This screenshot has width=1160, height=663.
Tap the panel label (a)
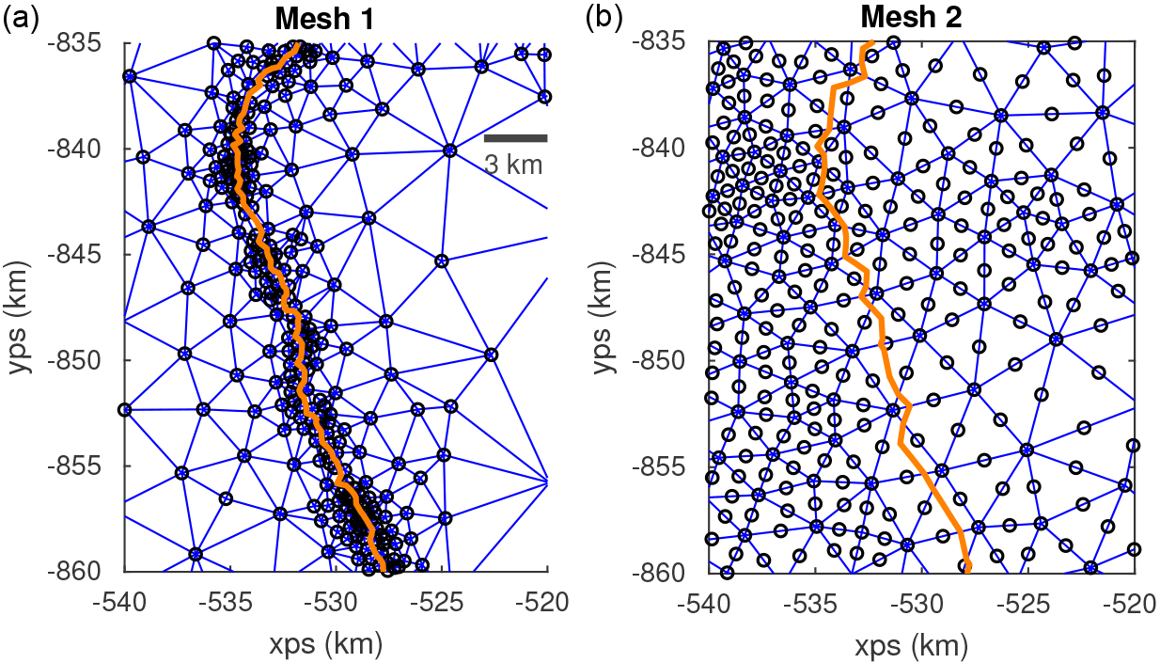21,18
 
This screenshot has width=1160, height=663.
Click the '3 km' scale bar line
515,138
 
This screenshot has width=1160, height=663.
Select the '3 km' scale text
514,165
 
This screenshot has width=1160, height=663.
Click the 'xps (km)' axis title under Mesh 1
336,644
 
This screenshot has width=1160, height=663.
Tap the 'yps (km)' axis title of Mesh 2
606,307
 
